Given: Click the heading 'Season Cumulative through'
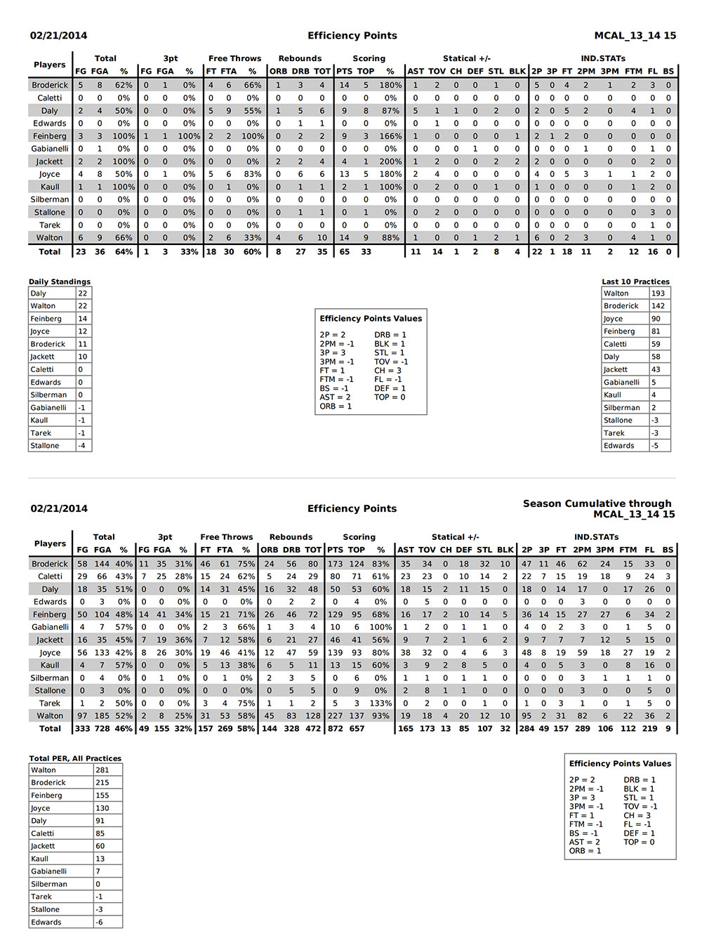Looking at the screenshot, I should pyautogui.click(x=597, y=503).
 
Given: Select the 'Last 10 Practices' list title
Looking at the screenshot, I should pyautogui.click(x=635, y=282).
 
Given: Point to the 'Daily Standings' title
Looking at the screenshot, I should pyautogui.click(x=60, y=282).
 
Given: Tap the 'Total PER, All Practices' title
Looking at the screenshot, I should pyautogui.click(x=75, y=758).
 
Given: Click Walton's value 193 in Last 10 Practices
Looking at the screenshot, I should pyautogui.click(x=658, y=293).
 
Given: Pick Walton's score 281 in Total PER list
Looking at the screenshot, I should pyautogui.click(x=102, y=770).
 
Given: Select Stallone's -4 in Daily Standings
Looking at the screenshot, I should pyautogui.click(x=82, y=446).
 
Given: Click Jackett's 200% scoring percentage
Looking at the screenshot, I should pyautogui.click(x=390, y=161).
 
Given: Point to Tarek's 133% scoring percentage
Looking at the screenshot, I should pyautogui.click(x=380, y=703).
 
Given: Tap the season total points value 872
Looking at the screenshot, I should pyautogui.click(x=336, y=729).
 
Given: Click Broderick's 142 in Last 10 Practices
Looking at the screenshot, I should pyautogui.click(x=658, y=306).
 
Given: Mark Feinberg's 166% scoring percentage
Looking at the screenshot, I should pyautogui.click(x=390, y=136).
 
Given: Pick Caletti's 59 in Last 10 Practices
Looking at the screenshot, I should pyautogui.click(x=656, y=344).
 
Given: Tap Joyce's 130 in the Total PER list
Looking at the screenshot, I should pyautogui.click(x=102, y=808).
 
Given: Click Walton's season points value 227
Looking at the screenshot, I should pyautogui.click(x=336, y=716).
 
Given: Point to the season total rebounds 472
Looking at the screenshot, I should pyautogui.click(x=313, y=729).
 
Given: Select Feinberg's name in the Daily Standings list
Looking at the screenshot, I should pyautogui.click(x=48, y=319).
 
